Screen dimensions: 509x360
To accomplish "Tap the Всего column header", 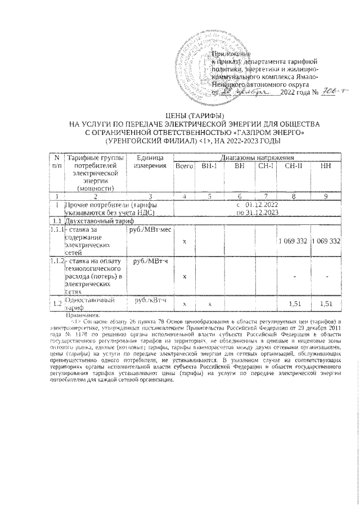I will tap(183, 167).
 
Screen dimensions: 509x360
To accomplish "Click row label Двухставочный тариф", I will tap(94, 222).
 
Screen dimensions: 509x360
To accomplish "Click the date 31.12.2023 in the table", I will tap(257, 214).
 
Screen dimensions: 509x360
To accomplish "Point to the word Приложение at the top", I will tap(231, 52).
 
